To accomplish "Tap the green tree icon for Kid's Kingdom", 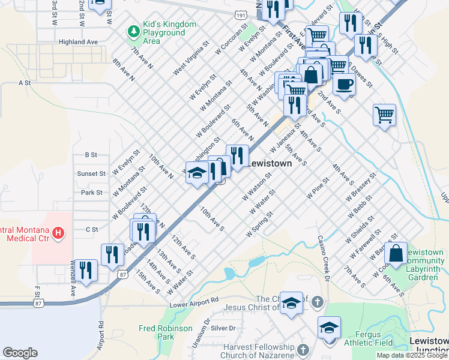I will click(x=133, y=29).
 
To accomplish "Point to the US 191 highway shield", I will click(x=240, y=14).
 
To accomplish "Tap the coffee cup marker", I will click(x=344, y=85).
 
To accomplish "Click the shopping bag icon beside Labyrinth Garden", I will click(x=396, y=253).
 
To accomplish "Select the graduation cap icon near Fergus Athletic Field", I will click(x=329, y=328).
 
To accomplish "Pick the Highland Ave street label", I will click(x=78, y=43).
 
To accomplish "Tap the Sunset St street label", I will click(x=91, y=173).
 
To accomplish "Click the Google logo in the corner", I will click(x=20, y=353).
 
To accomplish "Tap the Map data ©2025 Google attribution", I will click(x=412, y=355).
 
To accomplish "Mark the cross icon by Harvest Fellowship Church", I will click(x=304, y=349).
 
